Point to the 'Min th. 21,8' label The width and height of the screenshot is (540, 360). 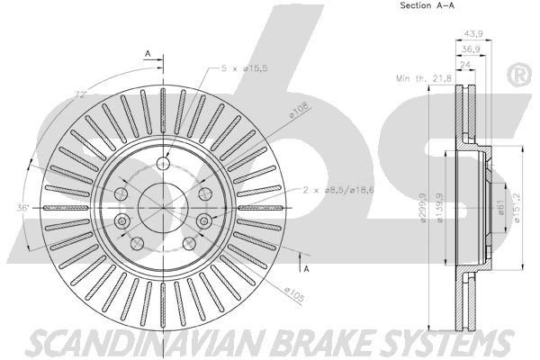click(x=423, y=78)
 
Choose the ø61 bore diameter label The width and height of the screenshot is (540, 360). click(x=497, y=210)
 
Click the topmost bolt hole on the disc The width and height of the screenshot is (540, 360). click(x=163, y=163)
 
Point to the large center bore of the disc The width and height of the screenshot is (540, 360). click(x=163, y=205)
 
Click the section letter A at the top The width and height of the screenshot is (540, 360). click(x=148, y=54)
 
